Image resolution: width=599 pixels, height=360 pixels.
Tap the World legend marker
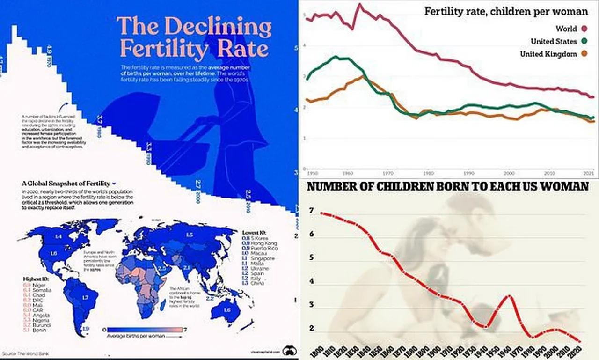(584, 29)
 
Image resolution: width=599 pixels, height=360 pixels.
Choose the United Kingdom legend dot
(584, 54)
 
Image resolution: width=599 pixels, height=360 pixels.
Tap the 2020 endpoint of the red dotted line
(580, 341)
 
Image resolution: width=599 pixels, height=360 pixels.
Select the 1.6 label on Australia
(227, 310)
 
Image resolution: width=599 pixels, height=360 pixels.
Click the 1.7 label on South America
(85, 297)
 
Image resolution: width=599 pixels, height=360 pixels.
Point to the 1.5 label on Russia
(190, 235)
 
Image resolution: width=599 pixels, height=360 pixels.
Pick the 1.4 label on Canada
(58, 237)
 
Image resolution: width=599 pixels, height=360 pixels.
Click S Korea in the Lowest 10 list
(261, 238)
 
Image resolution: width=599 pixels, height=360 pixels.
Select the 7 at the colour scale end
(185, 330)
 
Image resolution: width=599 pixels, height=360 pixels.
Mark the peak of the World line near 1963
(359, 5)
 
